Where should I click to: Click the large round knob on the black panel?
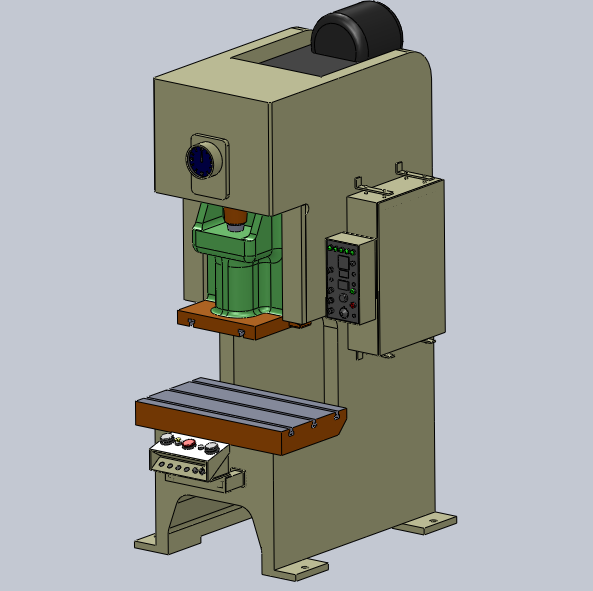[346, 313]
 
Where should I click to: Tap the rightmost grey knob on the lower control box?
[210, 447]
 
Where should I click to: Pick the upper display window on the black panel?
[343, 265]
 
